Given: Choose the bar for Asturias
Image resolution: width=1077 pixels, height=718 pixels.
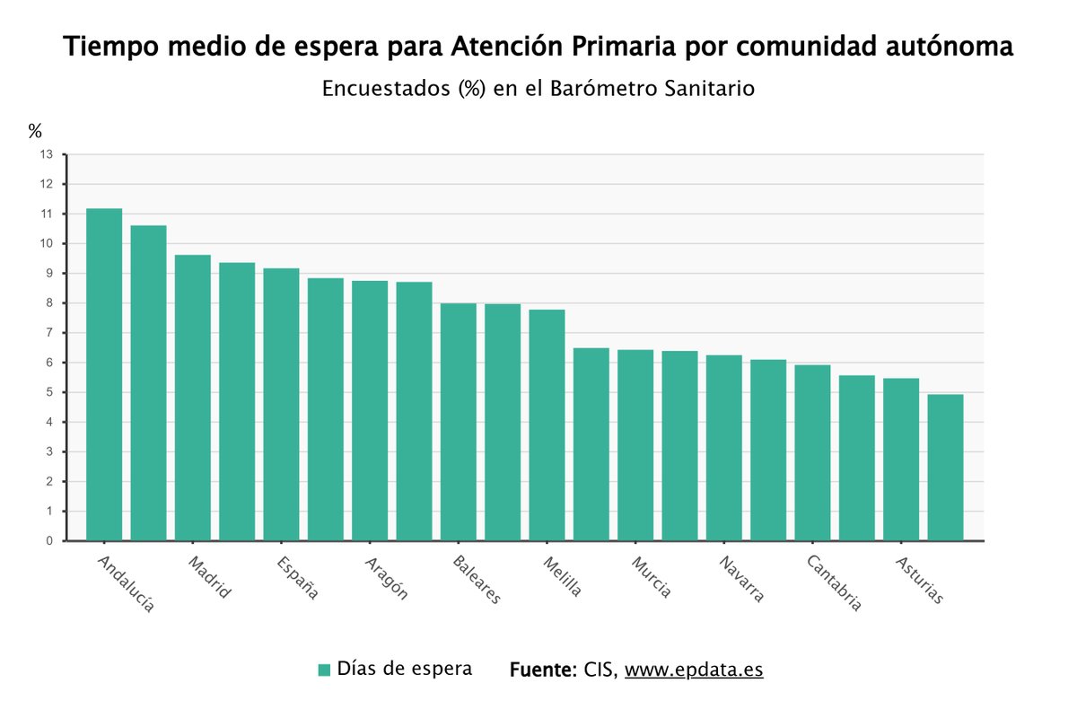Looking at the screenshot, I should [x=900, y=460].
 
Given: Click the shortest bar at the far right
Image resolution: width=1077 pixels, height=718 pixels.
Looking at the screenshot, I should [x=945, y=468].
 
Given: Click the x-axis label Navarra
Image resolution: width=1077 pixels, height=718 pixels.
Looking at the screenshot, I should [x=741, y=579].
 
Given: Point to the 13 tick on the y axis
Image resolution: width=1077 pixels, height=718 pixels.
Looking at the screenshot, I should [x=46, y=154].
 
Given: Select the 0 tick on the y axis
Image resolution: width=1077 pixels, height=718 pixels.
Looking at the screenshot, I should [x=49, y=541].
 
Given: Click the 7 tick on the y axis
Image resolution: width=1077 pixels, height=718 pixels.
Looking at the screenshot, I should [x=49, y=333].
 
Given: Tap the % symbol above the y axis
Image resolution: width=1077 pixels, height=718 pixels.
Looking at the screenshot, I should [x=35, y=131].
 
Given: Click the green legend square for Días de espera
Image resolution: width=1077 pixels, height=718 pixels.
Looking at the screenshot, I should [x=325, y=670].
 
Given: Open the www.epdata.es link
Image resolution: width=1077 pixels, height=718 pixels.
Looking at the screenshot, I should [x=693, y=670].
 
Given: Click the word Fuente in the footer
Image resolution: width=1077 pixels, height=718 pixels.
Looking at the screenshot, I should [x=542, y=670].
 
